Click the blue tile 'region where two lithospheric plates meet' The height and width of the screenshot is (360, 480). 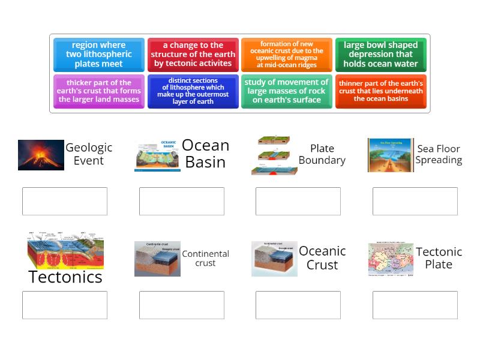pyautogui.click(x=98, y=55)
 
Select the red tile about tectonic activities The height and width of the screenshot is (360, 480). pyautogui.click(x=193, y=55)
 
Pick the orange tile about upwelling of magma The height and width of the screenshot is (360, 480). pyautogui.click(x=286, y=55)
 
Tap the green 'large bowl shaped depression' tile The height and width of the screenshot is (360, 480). pyautogui.click(x=380, y=55)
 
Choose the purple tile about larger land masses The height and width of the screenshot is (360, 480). pyautogui.click(x=98, y=91)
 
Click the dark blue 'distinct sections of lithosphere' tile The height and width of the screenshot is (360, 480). pyautogui.click(x=193, y=91)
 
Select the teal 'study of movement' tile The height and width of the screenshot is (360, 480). pyautogui.click(x=286, y=91)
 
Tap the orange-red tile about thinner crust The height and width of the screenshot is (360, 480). pyautogui.click(x=380, y=91)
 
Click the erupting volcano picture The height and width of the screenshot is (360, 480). pyautogui.click(x=41, y=155)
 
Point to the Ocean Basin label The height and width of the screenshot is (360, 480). pyautogui.click(x=205, y=154)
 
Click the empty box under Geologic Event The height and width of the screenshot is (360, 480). pyautogui.click(x=65, y=201)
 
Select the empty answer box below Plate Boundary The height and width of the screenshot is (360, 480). pyautogui.click(x=298, y=201)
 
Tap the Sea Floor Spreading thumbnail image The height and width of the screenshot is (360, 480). pyautogui.click(x=390, y=155)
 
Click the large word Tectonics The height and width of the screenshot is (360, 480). pyautogui.click(x=65, y=277)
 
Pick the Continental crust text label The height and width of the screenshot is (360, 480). pyautogui.click(x=205, y=258)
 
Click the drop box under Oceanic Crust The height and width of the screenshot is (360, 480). pyautogui.click(x=298, y=305)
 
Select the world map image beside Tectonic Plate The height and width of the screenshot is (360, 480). pyautogui.click(x=391, y=259)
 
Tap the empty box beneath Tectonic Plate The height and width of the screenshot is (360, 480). pyautogui.click(x=415, y=305)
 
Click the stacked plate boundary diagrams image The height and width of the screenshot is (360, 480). pyautogui.click(x=274, y=155)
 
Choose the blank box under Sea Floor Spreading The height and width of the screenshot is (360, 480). pyautogui.click(x=415, y=201)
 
